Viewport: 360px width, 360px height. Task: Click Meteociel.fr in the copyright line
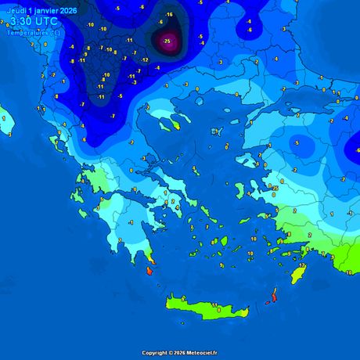200,353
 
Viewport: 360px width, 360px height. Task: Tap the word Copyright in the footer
155,353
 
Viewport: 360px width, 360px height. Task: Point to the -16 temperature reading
168,15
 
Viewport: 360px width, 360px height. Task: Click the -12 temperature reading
143,59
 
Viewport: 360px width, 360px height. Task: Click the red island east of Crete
273,297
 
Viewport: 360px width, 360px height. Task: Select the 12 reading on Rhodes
302,266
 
